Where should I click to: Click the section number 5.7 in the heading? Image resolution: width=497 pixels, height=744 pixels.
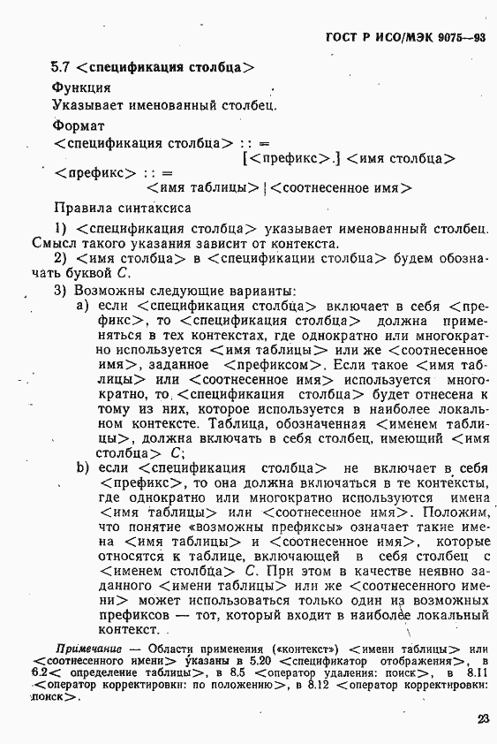[61, 65]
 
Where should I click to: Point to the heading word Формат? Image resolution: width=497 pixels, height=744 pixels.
[78, 125]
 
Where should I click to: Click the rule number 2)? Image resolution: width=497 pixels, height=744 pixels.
[61, 257]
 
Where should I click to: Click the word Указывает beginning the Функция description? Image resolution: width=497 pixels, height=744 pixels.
[89, 104]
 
